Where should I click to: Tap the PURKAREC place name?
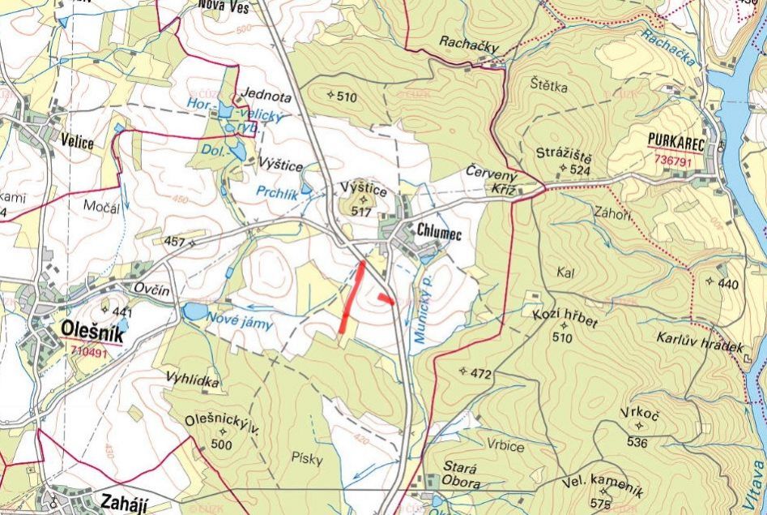coord(676,140)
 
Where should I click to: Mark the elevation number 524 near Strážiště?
coord(578,170)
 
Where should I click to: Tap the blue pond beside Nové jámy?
coord(194,311)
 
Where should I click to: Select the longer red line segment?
coord(352,296)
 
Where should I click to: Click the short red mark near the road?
coord(386,300)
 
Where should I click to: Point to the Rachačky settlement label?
coord(470,41)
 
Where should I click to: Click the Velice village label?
coord(77,143)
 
